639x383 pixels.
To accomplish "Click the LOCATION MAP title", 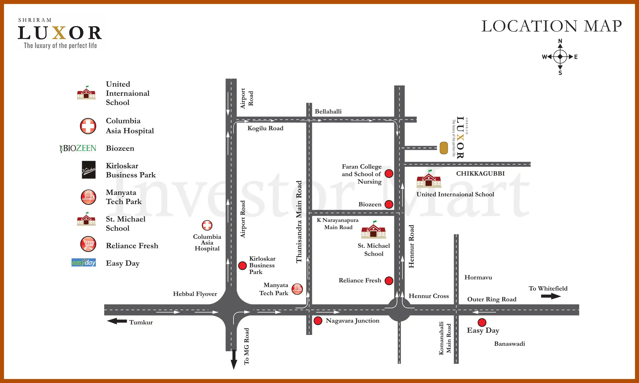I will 551,26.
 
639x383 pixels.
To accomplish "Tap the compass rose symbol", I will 560,57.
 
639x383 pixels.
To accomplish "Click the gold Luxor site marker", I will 444,148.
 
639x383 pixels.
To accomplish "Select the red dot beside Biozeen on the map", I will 389,204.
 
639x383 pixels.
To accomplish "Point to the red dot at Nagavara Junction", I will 318,321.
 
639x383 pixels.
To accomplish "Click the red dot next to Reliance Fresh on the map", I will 389,281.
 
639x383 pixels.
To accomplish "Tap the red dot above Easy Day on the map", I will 482,322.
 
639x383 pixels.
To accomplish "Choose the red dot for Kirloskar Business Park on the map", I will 242,265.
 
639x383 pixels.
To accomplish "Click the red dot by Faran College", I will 389,174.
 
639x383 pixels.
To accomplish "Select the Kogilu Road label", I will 265,128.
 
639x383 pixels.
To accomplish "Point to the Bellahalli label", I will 328,111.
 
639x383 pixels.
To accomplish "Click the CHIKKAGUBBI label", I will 480,173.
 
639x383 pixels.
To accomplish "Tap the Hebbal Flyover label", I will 195,294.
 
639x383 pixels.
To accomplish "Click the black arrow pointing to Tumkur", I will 117,321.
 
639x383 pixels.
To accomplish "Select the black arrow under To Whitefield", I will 551,296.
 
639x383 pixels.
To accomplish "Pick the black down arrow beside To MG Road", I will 234,360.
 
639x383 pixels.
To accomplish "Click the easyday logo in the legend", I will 84,263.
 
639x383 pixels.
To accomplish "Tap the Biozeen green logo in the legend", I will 78,148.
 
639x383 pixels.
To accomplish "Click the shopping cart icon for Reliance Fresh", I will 88,244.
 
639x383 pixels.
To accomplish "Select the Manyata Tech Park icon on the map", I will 297,289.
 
